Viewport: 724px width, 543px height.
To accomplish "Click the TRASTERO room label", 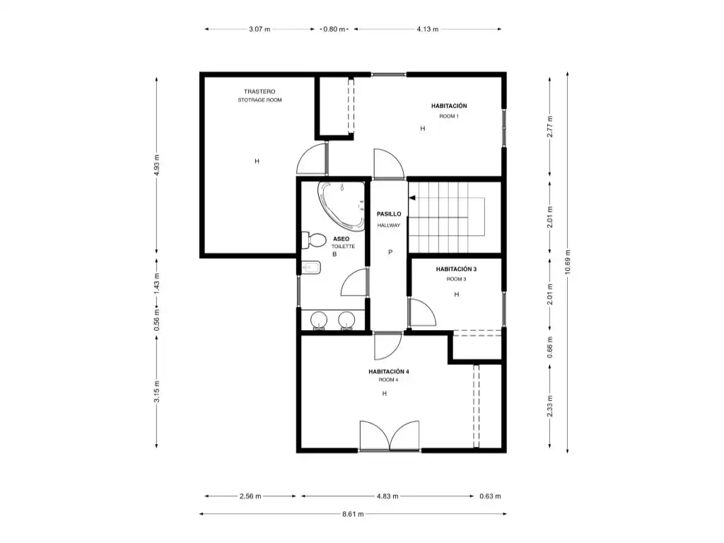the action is pyautogui.click(x=259, y=91).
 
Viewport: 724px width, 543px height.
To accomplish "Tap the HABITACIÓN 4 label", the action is pyautogui.click(x=389, y=371).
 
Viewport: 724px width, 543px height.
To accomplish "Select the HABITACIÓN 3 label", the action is pyautogui.click(x=456, y=269).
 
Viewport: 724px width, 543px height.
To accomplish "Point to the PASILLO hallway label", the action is pyautogui.click(x=389, y=214).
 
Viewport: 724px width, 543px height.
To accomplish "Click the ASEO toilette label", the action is pyautogui.click(x=341, y=239).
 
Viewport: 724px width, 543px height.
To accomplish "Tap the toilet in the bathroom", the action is pyautogui.click(x=313, y=240).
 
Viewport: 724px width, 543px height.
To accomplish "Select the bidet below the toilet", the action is pyautogui.click(x=311, y=268).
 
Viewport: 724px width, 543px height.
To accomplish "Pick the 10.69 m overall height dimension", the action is pyautogui.click(x=568, y=262).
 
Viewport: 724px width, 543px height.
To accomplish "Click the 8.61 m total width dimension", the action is pyautogui.click(x=353, y=513).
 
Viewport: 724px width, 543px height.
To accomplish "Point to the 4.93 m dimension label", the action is pyautogui.click(x=156, y=165).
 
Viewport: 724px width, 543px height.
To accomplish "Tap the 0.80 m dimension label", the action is pyautogui.click(x=334, y=29).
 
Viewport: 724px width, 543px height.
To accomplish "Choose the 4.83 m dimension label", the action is pyautogui.click(x=387, y=496).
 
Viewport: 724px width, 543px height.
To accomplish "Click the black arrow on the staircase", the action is pyautogui.click(x=412, y=198).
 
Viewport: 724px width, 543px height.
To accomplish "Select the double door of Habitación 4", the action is pyautogui.click(x=390, y=436).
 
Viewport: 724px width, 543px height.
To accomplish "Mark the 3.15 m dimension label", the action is pyautogui.click(x=156, y=391).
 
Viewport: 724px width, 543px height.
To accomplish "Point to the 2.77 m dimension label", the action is pyautogui.click(x=550, y=127).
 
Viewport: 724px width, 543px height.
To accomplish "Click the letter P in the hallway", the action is pyautogui.click(x=390, y=252).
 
